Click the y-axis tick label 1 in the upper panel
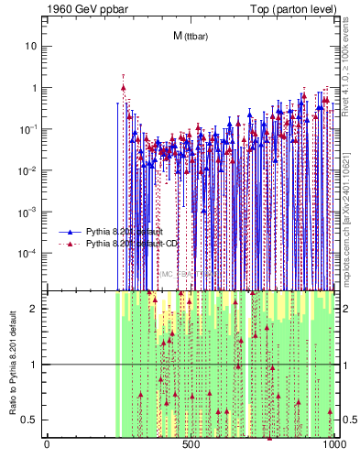pos(34,88)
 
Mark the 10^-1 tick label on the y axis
pos(29,129)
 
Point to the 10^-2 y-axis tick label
pos(29,170)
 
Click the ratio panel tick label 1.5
pos(30,336)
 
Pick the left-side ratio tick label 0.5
pos(30,420)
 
